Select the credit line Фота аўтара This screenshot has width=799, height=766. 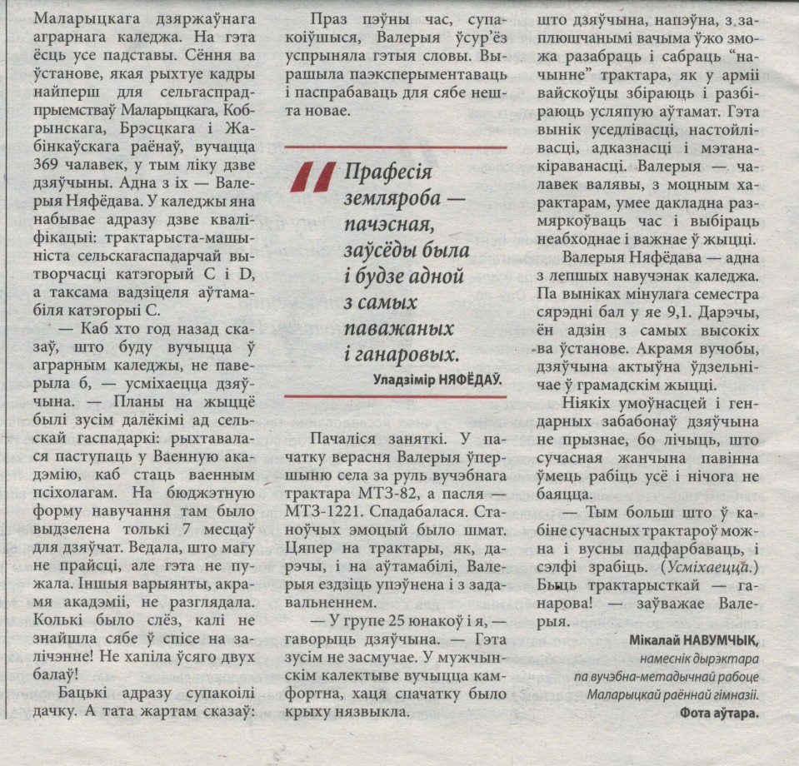point(720,713)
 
